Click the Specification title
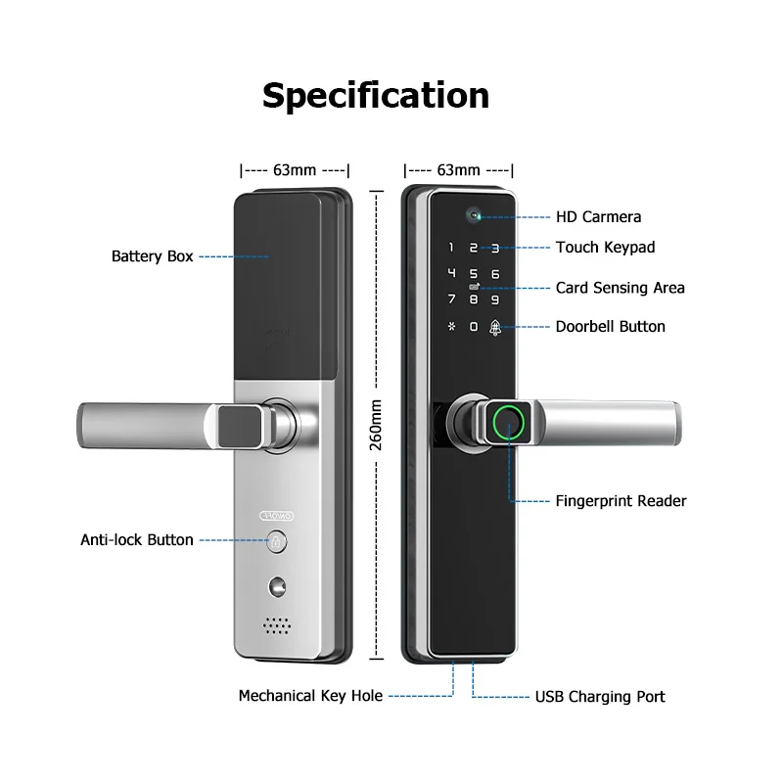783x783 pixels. [x=376, y=95]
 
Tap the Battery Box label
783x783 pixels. [x=152, y=256]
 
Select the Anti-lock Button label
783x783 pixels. [x=136, y=539]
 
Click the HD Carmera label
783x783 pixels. [x=598, y=216]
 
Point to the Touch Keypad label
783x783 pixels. [x=605, y=248]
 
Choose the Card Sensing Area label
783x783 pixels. [x=620, y=288]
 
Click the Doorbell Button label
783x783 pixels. [x=610, y=326]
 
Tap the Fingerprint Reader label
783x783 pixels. [x=621, y=501]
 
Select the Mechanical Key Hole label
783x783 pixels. [x=310, y=696]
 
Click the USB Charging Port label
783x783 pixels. [x=599, y=697]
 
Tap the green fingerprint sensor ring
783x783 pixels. [x=507, y=422]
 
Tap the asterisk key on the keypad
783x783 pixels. [x=450, y=327]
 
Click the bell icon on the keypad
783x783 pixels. [x=495, y=327]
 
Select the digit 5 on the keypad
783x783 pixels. [x=473, y=275]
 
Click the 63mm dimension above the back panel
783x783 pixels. [x=294, y=169]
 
